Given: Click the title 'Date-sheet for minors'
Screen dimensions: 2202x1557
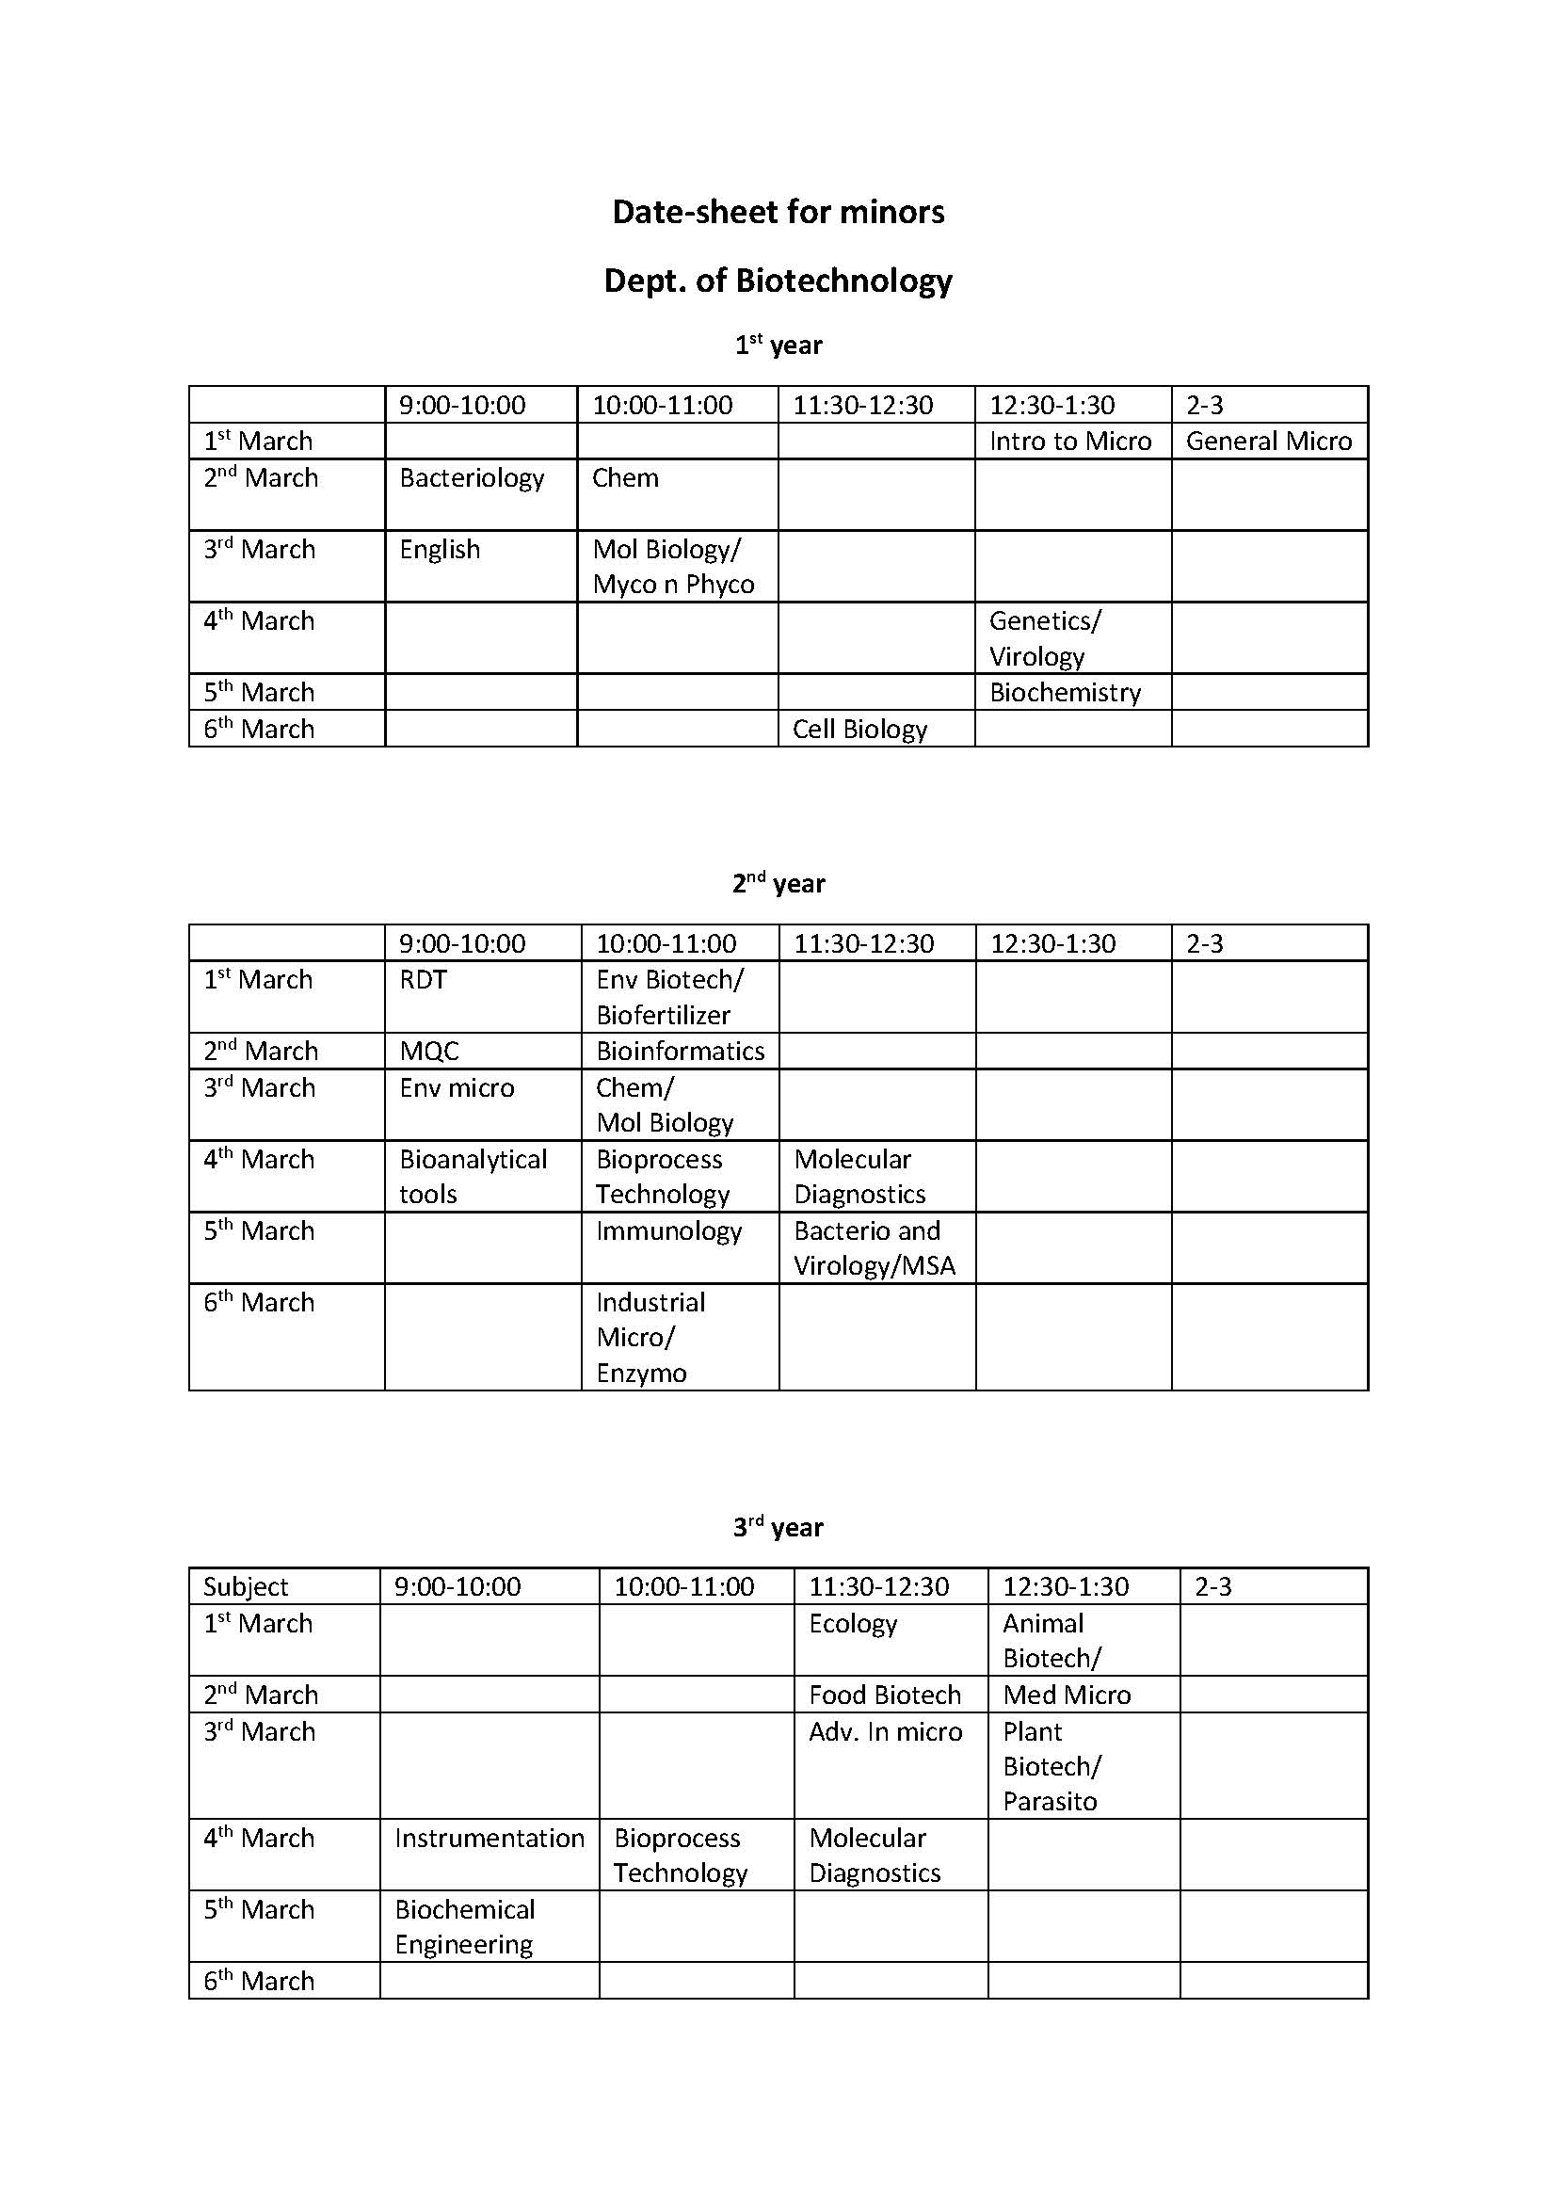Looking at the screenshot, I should coord(778,212).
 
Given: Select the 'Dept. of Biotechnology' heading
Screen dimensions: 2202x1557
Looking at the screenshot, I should coord(778,281).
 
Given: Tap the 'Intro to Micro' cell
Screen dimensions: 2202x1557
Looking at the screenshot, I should coord(1070,442).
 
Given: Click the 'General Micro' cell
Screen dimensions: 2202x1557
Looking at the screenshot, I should coord(1268,442).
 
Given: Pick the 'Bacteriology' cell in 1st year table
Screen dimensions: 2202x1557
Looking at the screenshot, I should coord(472,477).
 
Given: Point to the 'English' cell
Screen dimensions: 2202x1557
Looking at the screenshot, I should coord(440,550).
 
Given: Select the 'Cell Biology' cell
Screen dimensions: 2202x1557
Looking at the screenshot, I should coord(860,729).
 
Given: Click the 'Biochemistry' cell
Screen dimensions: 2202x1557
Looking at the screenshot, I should coord(1066,693).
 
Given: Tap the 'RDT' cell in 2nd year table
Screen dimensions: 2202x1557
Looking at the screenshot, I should coord(424,979).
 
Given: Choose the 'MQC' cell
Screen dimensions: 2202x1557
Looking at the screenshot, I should coord(429,1052).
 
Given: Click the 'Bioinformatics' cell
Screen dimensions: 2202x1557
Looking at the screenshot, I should coord(680,1052).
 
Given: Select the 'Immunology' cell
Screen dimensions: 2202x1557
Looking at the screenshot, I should coord(669,1230).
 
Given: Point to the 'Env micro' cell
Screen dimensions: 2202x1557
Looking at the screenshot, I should coord(457,1087).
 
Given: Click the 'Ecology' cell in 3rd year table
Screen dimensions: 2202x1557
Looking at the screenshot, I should coord(853,1624).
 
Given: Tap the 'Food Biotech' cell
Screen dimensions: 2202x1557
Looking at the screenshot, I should coord(885,1695).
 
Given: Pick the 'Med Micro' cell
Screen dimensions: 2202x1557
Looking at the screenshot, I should coord(1067,1695).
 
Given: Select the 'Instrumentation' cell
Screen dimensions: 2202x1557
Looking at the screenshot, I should coord(489,1838).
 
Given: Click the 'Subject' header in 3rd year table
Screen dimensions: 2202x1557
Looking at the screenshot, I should coord(246,1587).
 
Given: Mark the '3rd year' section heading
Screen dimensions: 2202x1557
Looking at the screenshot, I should coord(778,1528).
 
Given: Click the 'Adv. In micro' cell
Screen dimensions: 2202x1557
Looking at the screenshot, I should coord(886,1731).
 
